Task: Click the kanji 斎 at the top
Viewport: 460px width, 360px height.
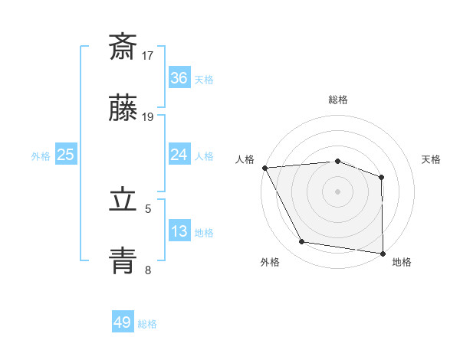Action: pyautogui.click(x=123, y=47)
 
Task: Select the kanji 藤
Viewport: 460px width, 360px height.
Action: pyautogui.click(x=123, y=110)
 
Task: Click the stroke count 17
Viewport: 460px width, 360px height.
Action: pyautogui.click(x=148, y=55)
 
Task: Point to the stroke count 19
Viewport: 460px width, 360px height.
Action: pyautogui.click(x=148, y=117)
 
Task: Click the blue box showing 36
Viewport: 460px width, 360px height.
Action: pyautogui.click(x=179, y=78)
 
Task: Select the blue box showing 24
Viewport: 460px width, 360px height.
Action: pyautogui.click(x=179, y=155)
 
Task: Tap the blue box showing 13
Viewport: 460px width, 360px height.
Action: pyautogui.click(x=179, y=231)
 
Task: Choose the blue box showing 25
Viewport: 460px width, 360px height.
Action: pyautogui.click(x=66, y=155)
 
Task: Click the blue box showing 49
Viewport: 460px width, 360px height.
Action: pyautogui.click(x=123, y=322)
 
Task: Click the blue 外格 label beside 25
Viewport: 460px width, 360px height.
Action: pyautogui.click(x=41, y=155)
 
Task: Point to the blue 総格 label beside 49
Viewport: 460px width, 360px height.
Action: pyautogui.click(x=147, y=324)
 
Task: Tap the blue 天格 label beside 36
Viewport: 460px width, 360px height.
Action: pyautogui.click(x=204, y=80)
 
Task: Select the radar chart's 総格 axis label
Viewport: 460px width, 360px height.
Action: pyautogui.click(x=338, y=100)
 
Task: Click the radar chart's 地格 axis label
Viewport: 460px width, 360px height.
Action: pyautogui.click(x=402, y=262)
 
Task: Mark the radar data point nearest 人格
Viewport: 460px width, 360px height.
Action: pyautogui.click(x=264, y=168)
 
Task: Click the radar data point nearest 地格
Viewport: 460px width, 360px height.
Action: pyautogui.click(x=383, y=253)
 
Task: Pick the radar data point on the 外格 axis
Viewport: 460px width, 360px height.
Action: pyautogui.click(x=302, y=242)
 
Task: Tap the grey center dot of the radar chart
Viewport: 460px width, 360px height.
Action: pyautogui.click(x=338, y=191)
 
